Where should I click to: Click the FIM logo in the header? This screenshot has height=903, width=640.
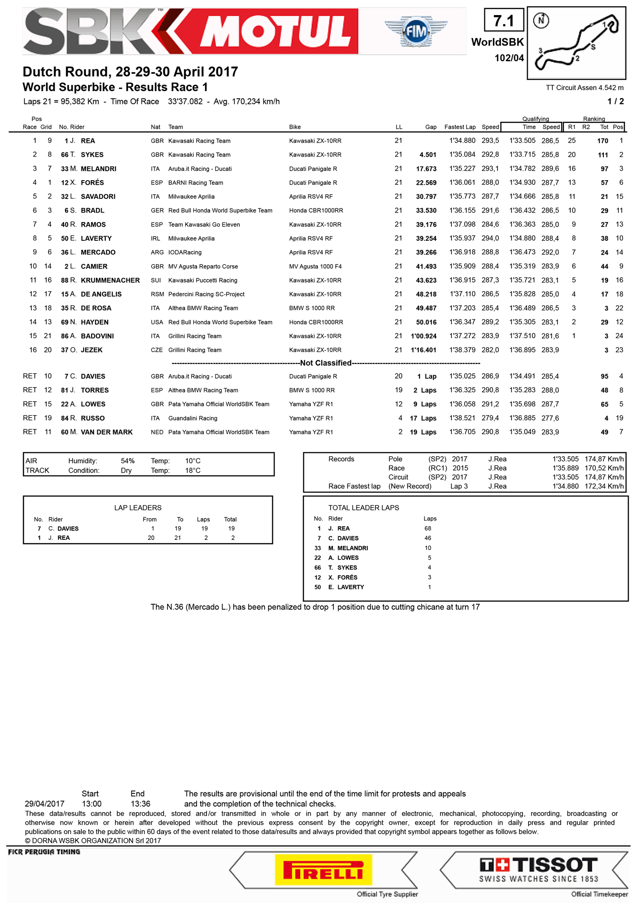pyautogui.click(x=416, y=31)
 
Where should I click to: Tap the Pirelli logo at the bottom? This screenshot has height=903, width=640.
pyautogui.click(x=324, y=870)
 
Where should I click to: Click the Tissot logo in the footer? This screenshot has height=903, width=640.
pyautogui.click(x=538, y=869)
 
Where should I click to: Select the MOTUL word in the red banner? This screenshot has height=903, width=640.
pyautogui.click(x=277, y=31)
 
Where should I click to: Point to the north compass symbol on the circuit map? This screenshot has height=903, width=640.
pyautogui.click(x=541, y=20)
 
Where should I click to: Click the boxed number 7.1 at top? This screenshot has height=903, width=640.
pyautogui.click(x=504, y=21)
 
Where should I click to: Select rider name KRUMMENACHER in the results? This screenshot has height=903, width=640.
pyautogui.click(x=110, y=280)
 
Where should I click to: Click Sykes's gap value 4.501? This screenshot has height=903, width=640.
pyautogui.click(x=427, y=155)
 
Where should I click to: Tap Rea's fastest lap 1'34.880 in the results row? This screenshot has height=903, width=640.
pyautogui.click(x=462, y=141)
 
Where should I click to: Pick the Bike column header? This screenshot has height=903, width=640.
pyautogui.click(x=295, y=127)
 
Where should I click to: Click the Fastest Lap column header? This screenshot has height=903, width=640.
pyautogui.click(x=459, y=127)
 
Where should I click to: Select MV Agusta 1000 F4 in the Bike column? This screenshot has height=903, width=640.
pyautogui.click(x=315, y=267)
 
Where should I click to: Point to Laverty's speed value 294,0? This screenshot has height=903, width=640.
pyautogui.click(x=490, y=238)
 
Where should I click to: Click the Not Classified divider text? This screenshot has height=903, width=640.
pyautogui.click(x=326, y=363)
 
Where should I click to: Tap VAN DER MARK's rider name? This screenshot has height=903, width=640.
pyautogui.click(x=106, y=432)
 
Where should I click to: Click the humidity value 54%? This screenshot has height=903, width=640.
pyautogui.click(x=127, y=461)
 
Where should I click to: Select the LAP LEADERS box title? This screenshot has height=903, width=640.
pyautogui.click(x=138, y=508)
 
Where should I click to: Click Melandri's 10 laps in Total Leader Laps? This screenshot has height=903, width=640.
pyautogui.click(x=428, y=548)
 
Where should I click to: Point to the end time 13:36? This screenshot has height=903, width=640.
pyautogui.click(x=140, y=804)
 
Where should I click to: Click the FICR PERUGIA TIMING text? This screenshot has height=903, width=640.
pyautogui.click(x=44, y=852)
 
